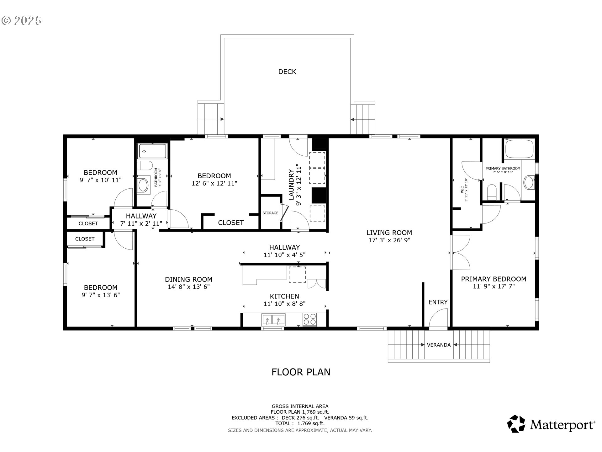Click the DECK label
click(287, 72)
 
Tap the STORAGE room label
click(270, 213)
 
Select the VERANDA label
click(439, 345)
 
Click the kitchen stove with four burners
click(309, 320)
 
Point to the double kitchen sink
click(273, 320)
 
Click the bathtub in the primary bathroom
click(519, 149)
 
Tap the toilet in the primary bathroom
click(492, 192)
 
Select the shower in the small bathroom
click(153, 151)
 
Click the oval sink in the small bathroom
click(143, 185)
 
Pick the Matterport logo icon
click(516, 424)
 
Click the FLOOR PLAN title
click(301, 372)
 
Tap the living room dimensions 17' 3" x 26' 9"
click(389, 240)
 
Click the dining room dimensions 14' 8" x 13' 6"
click(189, 287)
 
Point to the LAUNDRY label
click(291, 185)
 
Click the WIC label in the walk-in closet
click(462, 190)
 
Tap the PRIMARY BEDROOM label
click(494, 279)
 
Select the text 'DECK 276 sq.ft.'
click(300, 418)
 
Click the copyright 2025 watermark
click(21, 21)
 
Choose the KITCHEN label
click(284, 296)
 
